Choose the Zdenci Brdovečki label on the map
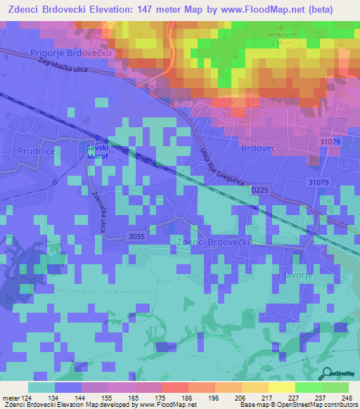click(x=210, y=241)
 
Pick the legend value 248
click(x=347, y=397)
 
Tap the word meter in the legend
click(x=11, y=397)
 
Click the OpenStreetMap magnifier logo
click(x=327, y=372)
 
